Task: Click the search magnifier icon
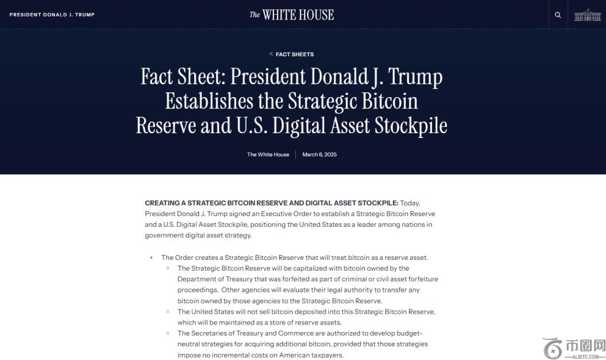point(557,15)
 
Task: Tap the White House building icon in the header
point(587,15)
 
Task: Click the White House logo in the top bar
point(292,15)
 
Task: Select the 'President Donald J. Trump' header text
point(52,15)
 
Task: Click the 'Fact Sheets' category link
point(295,54)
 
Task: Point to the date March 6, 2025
point(320,155)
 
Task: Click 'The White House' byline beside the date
point(268,155)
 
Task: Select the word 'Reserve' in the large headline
point(166,126)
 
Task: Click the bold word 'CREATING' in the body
point(162,203)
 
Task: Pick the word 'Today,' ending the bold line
point(410,203)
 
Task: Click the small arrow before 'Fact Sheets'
point(272,54)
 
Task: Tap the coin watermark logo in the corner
point(553,348)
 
